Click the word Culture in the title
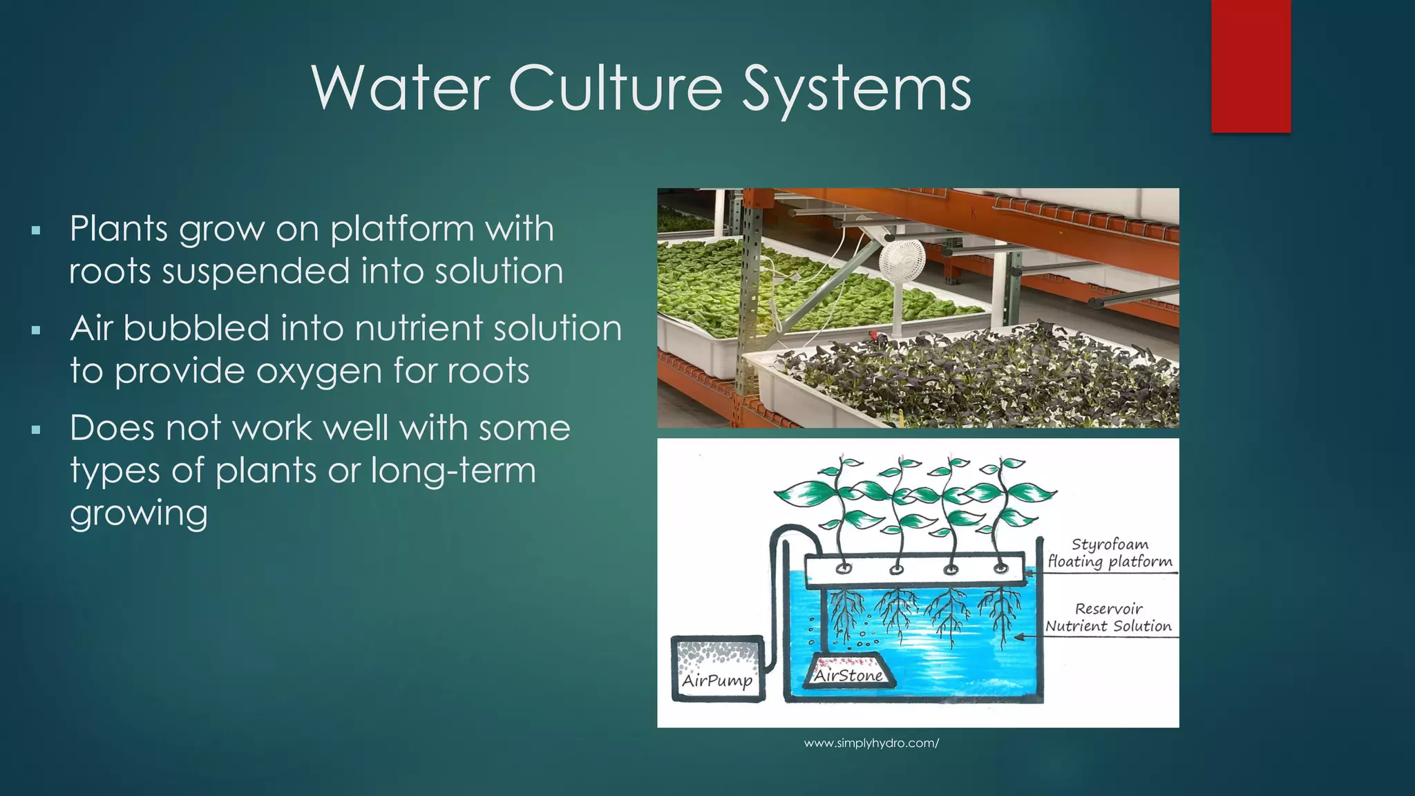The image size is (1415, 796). point(616,88)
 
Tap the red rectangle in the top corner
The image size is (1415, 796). point(1251,66)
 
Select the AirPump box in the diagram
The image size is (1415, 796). point(717,668)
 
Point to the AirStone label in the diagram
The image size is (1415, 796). point(848,675)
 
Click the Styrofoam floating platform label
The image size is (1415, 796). point(1110,553)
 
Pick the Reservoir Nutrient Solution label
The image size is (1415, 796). point(1108,617)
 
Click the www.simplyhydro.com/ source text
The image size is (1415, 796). point(871,743)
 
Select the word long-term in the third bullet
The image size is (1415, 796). point(453,471)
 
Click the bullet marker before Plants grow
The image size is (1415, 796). point(37,230)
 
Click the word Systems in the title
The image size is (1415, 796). point(856,88)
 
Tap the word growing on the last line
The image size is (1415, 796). point(138,513)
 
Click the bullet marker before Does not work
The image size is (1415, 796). point(37,430)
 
